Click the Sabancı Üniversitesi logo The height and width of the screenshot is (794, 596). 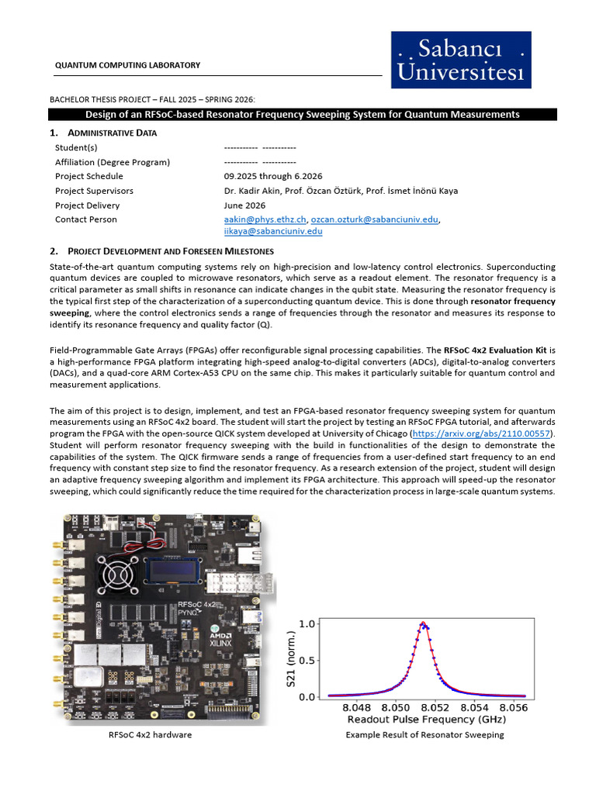(461, 60)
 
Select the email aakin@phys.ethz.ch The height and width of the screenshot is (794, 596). (265, 219)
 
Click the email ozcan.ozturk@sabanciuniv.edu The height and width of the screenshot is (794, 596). (373, 219)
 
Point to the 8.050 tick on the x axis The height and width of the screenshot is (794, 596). (396, 707)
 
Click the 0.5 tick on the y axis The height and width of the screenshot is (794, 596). (308, 660)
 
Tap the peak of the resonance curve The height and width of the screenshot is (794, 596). (422, 623)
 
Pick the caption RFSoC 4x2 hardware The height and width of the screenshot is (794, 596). (151, 735)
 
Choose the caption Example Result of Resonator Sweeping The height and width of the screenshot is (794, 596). (424, 735)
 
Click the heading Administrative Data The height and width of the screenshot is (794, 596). (112, 133)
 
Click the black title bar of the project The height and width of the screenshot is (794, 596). (303, 114)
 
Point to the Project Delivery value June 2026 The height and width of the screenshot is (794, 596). (244, 205)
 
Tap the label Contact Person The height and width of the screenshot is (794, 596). (86, 219)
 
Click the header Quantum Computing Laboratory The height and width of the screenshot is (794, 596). (127, 65)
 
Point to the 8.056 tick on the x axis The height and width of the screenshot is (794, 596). (514, 707)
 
